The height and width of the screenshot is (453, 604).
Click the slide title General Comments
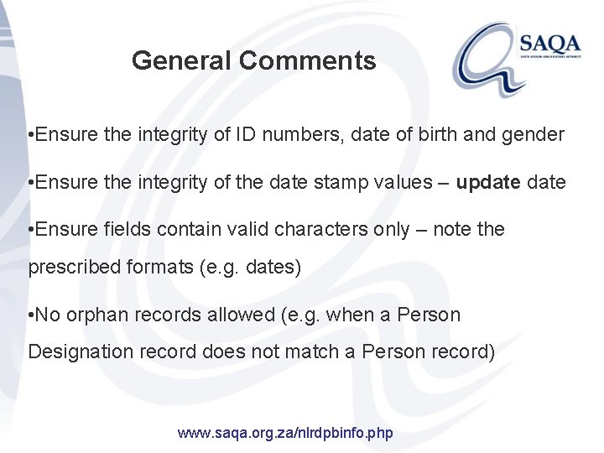(x=254, y=60)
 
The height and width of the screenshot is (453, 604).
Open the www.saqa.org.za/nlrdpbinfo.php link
(x=286, y=434)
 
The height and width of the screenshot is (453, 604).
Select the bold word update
(x=490, y=182)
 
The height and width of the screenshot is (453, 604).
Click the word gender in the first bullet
(x=534, y=134)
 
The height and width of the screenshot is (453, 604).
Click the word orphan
(x=95, y=315)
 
